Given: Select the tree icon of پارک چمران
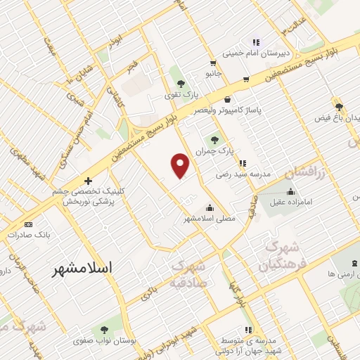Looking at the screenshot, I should click(x=226, y=139).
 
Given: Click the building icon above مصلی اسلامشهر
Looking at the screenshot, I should click(x=210, y=207).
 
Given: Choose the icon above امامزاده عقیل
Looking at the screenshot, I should click(x=290, y=191).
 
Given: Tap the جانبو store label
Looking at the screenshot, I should click(x=213, y=72).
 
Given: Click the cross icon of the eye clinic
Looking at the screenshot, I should click(x=87, y=181).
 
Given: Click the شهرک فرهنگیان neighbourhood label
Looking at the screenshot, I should click(x=282, y=257).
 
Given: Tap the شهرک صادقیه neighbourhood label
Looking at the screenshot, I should click(x=188, y=275).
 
